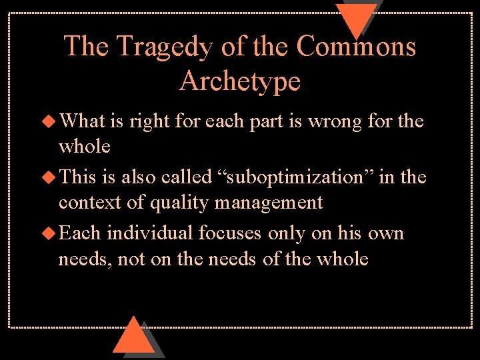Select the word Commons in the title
click(x=356, y=47)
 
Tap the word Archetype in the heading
click(x=240, y=81)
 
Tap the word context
click(x=84, y=202)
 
